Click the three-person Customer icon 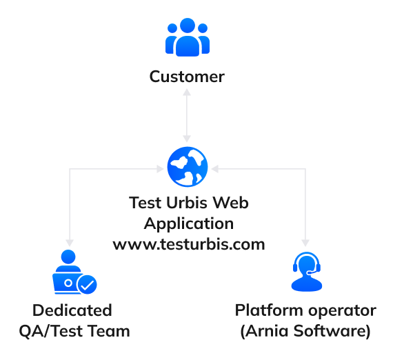coord(188,37)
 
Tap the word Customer coord(187,77)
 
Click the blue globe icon coord(188,167)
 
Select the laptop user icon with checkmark coord(74,272)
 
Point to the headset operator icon coord(307,272)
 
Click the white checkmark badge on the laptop coord(87,285)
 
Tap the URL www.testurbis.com coord(189,244)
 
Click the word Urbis coord(186,203)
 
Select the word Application coord(189,223)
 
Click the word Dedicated coord(72,310)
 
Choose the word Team coord(109,331)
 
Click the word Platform coord(269,310)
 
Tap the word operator coord(343,311)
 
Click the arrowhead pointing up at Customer coord(187,92)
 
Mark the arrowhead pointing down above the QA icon coord(70,243)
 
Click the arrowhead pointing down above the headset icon coord(305,243)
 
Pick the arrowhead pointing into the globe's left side coord(160,169)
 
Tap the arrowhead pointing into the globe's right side coord(215,169)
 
